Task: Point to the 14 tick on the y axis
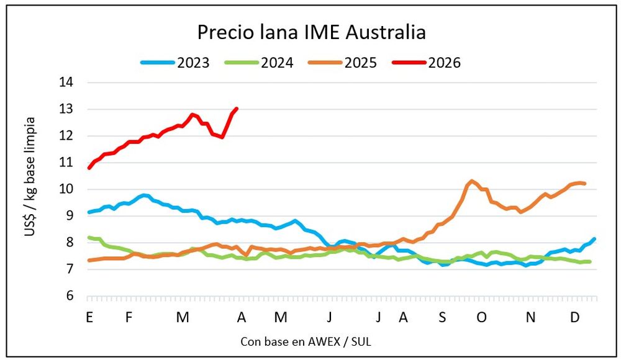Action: click(65, 83)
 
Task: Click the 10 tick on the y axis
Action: click(65, 189)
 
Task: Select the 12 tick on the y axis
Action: click(65, 136)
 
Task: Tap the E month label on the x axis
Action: click(89, 317)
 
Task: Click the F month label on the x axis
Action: click(129, 317)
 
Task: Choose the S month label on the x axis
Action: click(442, 317)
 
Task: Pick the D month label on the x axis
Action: click(576, 317)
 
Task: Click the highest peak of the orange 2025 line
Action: click(472, 181)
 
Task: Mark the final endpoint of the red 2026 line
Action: click(237, 109)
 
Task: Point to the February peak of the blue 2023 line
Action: click(144, 195)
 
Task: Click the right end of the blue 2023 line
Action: click(594, 239)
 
